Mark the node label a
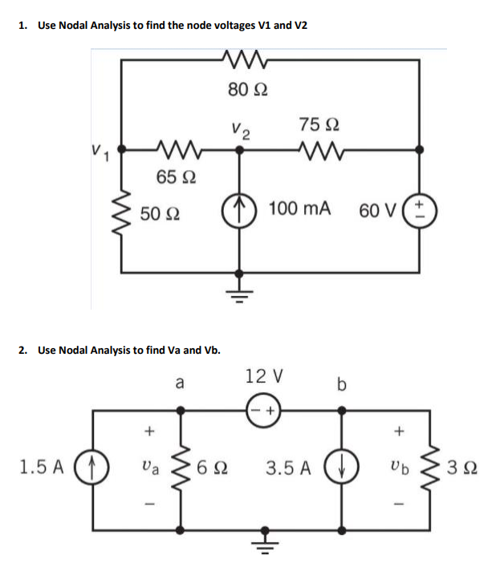click(180, 384)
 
